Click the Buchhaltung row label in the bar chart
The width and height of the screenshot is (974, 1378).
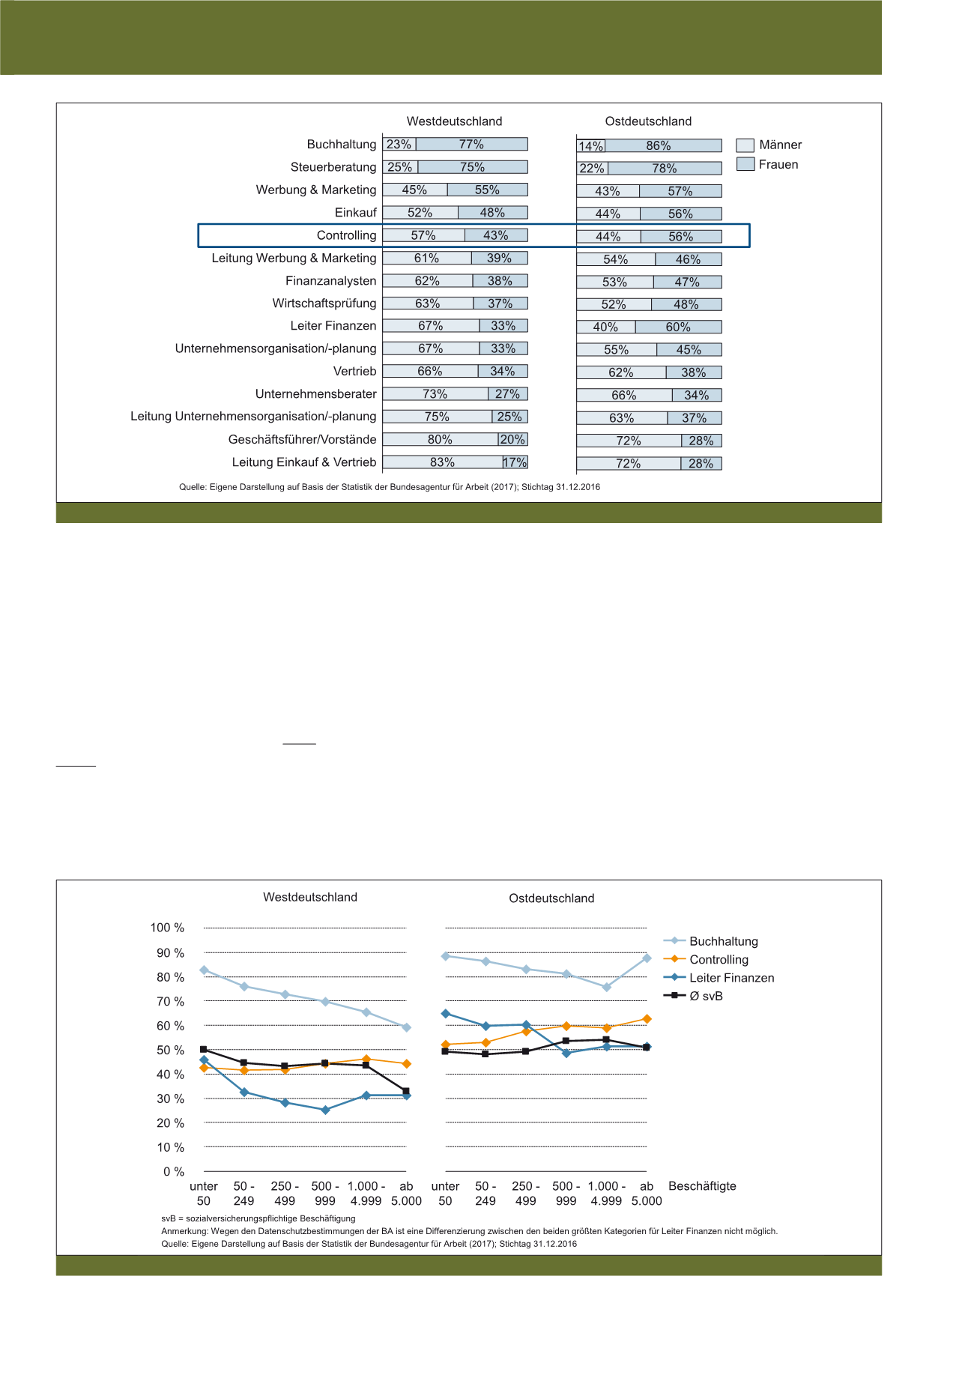342,145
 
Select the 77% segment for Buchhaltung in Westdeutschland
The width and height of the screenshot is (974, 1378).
471,145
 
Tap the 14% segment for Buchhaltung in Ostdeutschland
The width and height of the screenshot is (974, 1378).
591,146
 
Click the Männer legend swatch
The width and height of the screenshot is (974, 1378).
745,145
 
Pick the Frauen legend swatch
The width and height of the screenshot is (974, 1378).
745,164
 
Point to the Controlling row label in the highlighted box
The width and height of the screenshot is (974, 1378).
346,235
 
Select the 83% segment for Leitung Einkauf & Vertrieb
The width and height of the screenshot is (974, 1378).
442,462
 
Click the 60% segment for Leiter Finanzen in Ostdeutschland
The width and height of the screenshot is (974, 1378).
678,327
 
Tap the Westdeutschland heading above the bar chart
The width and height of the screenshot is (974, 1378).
454,121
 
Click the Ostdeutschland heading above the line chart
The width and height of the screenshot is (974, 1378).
551,898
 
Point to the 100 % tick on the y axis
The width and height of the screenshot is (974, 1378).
167,928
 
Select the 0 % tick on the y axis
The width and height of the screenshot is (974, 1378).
173,1172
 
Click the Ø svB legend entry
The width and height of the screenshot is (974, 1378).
706,996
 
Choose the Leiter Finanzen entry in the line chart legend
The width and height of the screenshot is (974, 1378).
731,978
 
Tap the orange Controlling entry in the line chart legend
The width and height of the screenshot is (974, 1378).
719,960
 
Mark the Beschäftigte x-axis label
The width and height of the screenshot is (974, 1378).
702,1186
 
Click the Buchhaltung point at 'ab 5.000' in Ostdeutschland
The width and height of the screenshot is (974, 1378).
647,958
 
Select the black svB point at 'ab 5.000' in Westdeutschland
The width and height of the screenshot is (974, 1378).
406,1091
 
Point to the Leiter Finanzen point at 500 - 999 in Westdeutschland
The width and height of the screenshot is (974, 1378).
325,1110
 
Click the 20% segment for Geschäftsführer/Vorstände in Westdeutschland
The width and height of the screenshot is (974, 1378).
512,440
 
